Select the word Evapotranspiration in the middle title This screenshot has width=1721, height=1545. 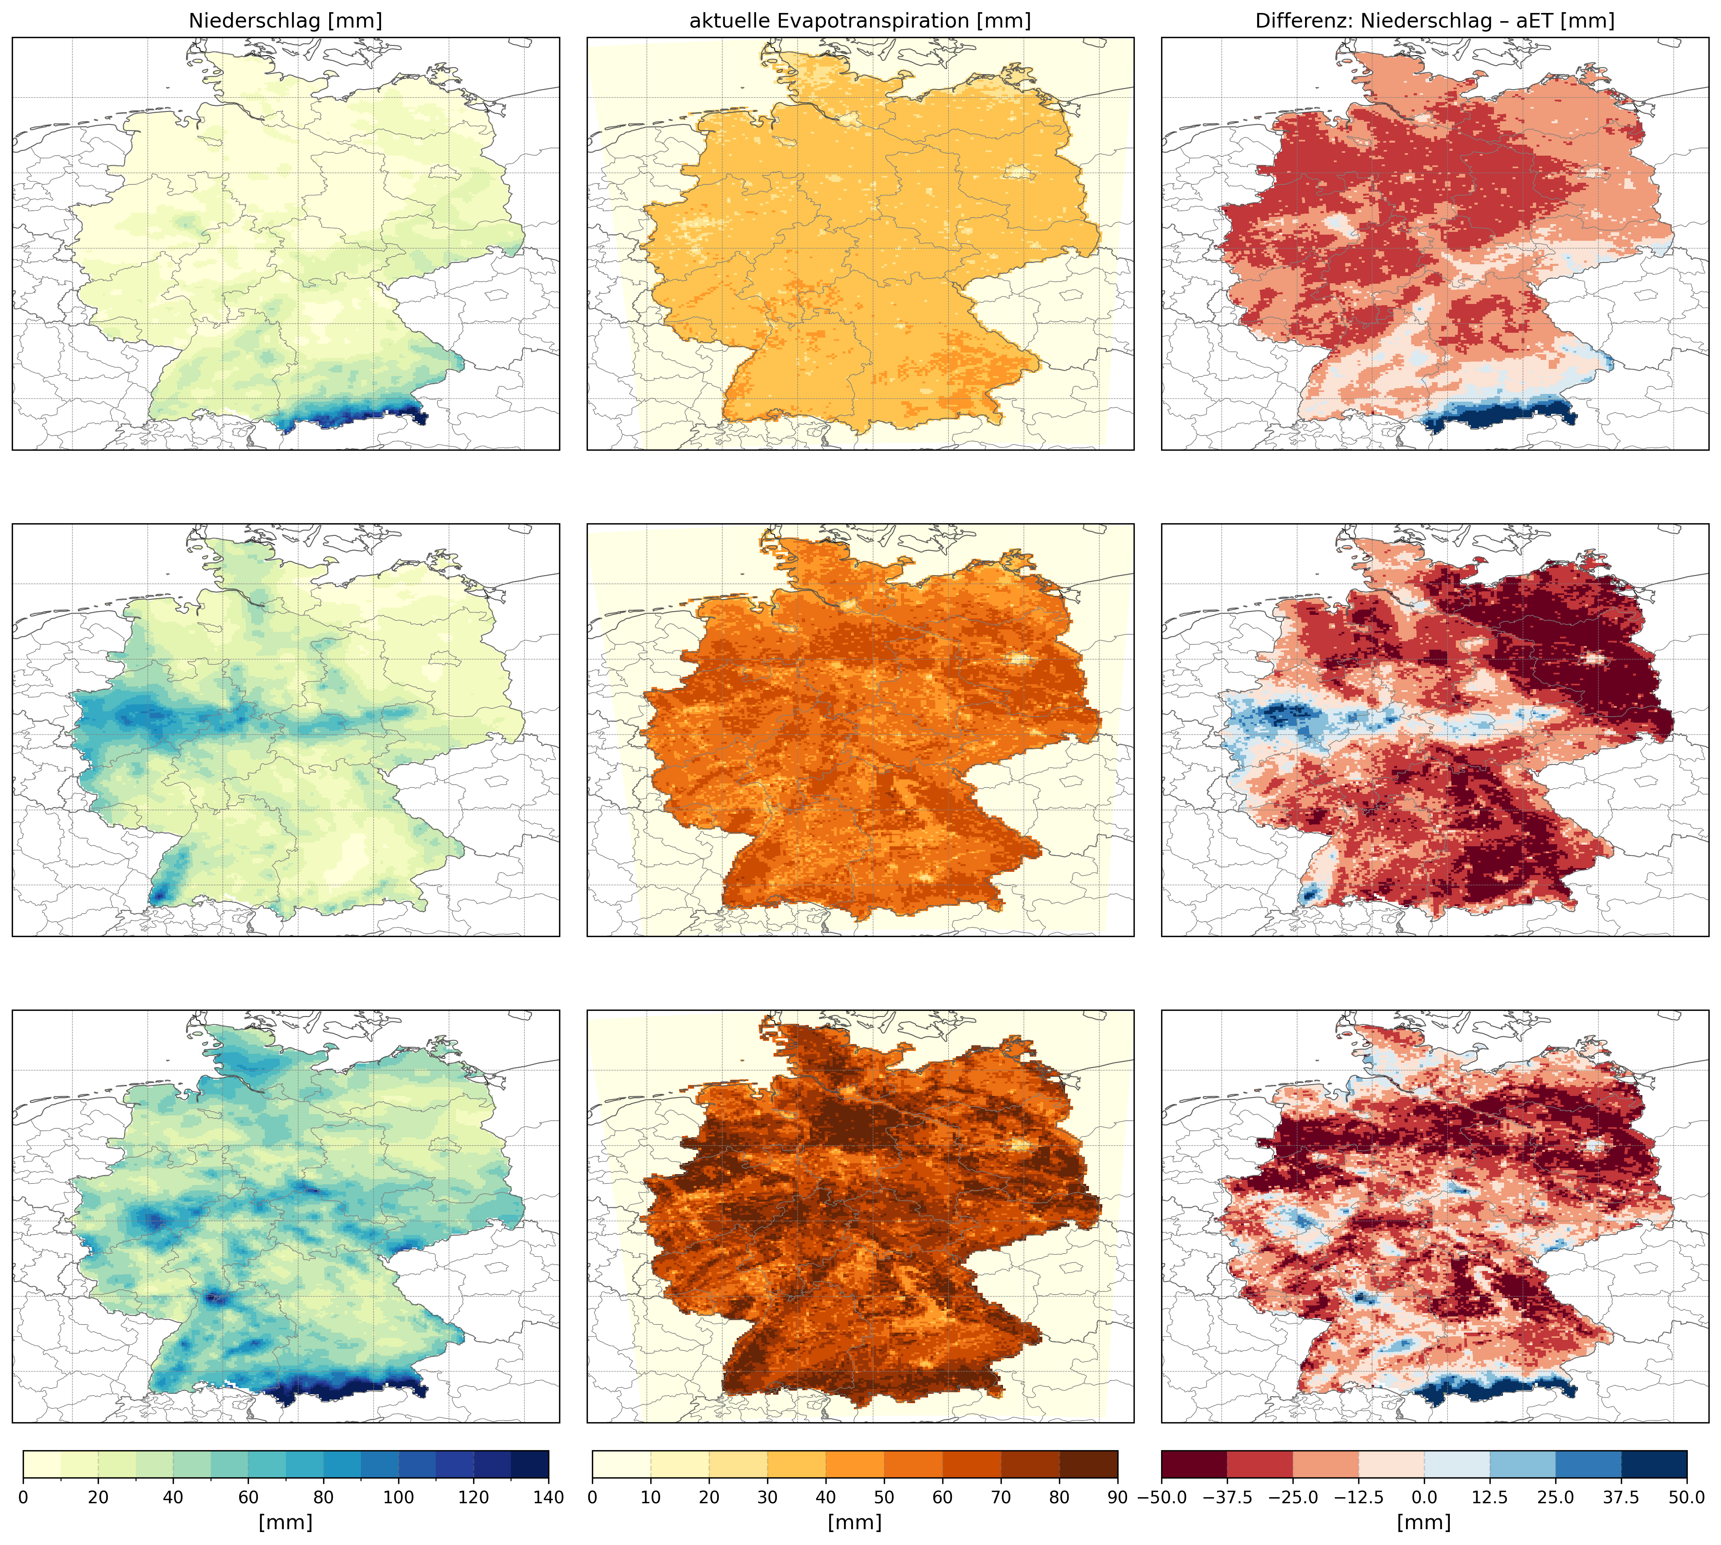coord(901,21)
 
